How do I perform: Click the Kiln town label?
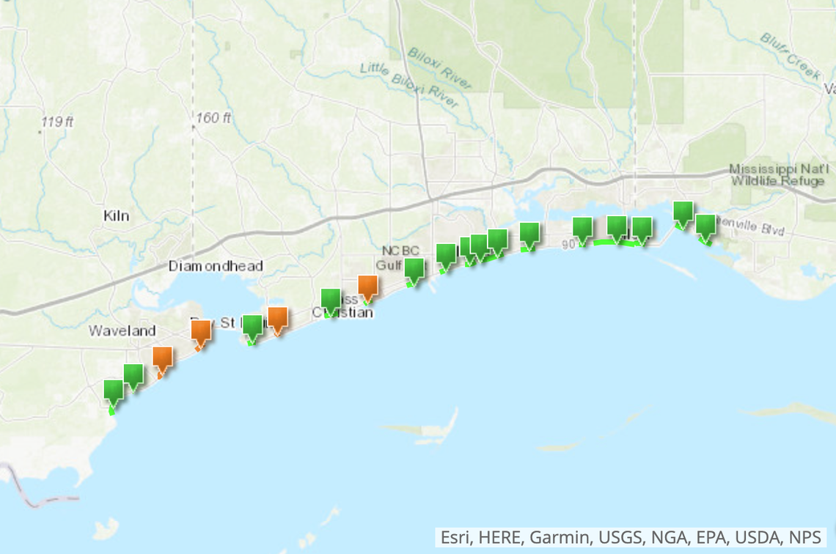(x=116, y=215)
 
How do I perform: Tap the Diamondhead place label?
(x=216, y=266)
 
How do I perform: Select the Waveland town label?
(x=122, y=330)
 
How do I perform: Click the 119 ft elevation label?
(x=57, y=122)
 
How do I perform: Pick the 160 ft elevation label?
(x=213, y=118)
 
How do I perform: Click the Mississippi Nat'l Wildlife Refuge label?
(x=777, y=175)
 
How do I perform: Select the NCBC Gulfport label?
(x=400, y=257)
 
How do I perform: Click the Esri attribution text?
(x=456, y=538)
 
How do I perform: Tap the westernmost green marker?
(x=114, y=391)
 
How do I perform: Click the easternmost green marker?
(x=705, y=226)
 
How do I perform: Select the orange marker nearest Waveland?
(x=163, y=358)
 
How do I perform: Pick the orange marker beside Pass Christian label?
(x=367, y=287)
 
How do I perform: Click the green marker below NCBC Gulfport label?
(x=414, y=270)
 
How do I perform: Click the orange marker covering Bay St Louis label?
(x=201, y=331)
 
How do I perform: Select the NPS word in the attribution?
(x=805, y=538)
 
